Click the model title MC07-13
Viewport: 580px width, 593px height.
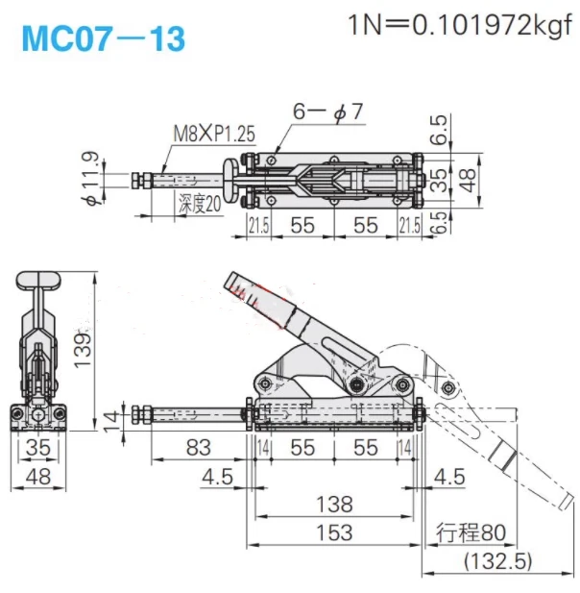pyautogui.click(x=104, y=39)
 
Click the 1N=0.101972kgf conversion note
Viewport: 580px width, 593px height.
pyautogui.click(x=459, y=25)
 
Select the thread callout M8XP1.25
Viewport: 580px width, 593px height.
pyautogui.click(x=214, y=134)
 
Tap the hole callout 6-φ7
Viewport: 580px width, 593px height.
pyautogui.click(x=328, y=111)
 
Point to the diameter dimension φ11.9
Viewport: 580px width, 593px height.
pyautogui.click(x=92, y=178)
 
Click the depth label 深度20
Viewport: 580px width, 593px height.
pyautogui.click(x=200, y=204)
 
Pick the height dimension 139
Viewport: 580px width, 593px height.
pyautogui.click(x=83, y=350)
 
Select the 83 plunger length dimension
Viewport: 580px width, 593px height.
pyautogui.click(x=199, y=448)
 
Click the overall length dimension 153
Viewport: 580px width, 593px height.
pyautogui.click(x=334, y=532)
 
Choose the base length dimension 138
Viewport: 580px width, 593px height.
pyautogui.click(x=334, y=505)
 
